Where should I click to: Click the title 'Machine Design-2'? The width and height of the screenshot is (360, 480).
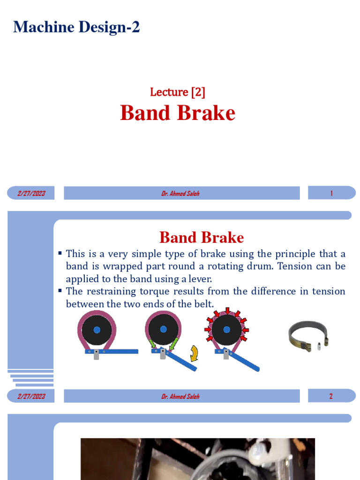[x=76, y=27]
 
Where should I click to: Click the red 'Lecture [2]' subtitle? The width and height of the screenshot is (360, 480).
[x=178, y=92]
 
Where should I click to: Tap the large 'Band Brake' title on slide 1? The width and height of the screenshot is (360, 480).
[x=178, y=113]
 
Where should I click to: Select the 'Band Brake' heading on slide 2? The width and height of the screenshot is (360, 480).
[x=202, y=237]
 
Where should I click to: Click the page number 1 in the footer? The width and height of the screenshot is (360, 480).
[x=331, y=193]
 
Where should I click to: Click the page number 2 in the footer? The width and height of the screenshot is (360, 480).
[x=331, y=396]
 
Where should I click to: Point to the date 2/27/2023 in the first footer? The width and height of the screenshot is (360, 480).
[x=31, y=193]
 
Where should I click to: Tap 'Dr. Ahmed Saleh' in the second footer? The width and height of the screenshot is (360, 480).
[x=180, y=397]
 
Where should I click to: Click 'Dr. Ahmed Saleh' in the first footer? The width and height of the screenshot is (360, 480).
[x=180, y=194]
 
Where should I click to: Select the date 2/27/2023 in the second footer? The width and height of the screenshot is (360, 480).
[x=31, y=396]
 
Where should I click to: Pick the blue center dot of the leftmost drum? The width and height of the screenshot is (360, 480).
[x=97, y=330]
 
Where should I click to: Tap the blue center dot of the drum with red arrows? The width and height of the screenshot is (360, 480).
[x=227, y=330]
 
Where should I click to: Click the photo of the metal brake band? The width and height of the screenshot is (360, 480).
[x=308, y=336]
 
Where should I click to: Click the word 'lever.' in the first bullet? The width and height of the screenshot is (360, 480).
[x=200, y=279]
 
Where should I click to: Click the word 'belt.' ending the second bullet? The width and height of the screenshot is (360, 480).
[x=203, y=304]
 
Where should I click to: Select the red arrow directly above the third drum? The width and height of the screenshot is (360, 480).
[x=227, y=311]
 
